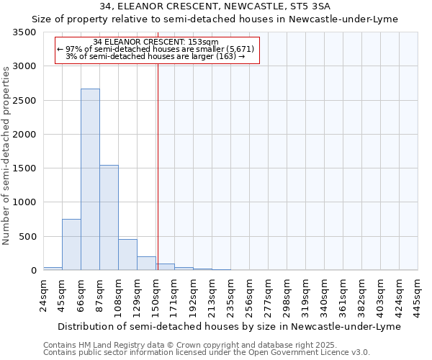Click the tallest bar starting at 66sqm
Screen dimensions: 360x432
tap(90, 179)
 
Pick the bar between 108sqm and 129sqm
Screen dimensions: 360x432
tap(127, 255)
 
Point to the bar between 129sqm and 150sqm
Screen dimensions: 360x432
tap(146, 264)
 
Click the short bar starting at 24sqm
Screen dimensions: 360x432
tap(53, 269)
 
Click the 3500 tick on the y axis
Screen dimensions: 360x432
tap(24, 33)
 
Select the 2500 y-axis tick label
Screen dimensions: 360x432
tap(24, 101)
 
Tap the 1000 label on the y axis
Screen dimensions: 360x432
tap(24, 202)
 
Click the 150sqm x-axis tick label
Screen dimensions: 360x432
tap(156, 297)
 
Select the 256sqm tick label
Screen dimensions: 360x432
tap(250, 297)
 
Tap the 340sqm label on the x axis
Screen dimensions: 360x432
tap(325, 297)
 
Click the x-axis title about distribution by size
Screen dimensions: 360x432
tap(228, 326)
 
